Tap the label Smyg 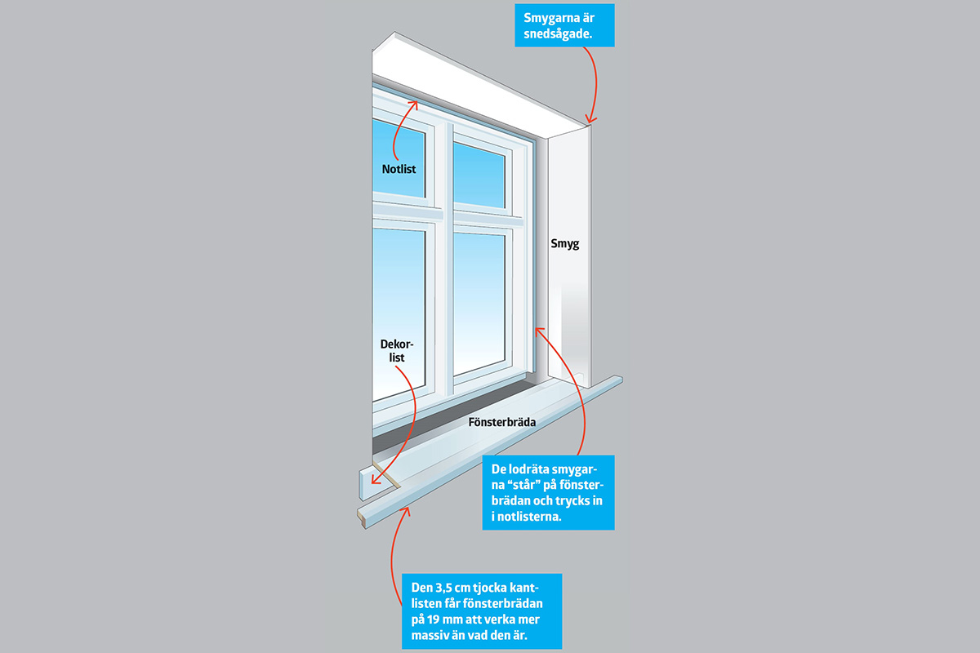tap(563, 243)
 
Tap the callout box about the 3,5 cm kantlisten tap(482, 610)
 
